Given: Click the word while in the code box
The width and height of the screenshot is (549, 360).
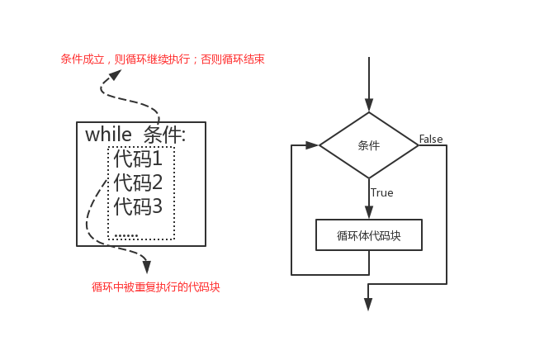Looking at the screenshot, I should [110, 135].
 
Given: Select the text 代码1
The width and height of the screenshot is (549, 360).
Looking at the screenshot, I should [138, 159].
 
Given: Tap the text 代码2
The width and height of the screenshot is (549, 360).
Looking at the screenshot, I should [138, 182].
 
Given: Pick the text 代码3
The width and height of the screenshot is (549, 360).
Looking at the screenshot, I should [138, 206].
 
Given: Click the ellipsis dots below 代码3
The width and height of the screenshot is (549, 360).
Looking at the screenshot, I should [125, 235].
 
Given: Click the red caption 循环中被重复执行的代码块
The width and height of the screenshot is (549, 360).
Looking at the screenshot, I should [156, 287].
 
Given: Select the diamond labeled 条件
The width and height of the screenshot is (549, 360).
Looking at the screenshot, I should [369, 145].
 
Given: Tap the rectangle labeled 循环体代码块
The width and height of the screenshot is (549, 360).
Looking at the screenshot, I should [369, 235].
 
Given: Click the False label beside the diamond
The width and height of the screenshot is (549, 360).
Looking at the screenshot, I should [431, 138].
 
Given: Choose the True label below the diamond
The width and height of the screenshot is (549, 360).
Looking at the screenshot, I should [382, 193].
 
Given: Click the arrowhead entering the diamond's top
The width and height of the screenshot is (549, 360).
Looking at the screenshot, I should [369, 105].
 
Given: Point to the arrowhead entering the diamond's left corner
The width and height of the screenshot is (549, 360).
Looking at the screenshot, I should [312, 145].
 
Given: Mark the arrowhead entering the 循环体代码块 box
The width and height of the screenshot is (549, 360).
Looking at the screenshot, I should [369, 213].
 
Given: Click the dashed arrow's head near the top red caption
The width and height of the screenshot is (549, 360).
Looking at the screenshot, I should [114, 75].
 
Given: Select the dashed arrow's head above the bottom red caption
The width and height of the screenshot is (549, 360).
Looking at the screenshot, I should [147, 267].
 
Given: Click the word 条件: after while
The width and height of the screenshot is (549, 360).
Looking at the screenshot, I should [164, 135].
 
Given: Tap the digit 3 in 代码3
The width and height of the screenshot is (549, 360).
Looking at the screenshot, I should [158, 206].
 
